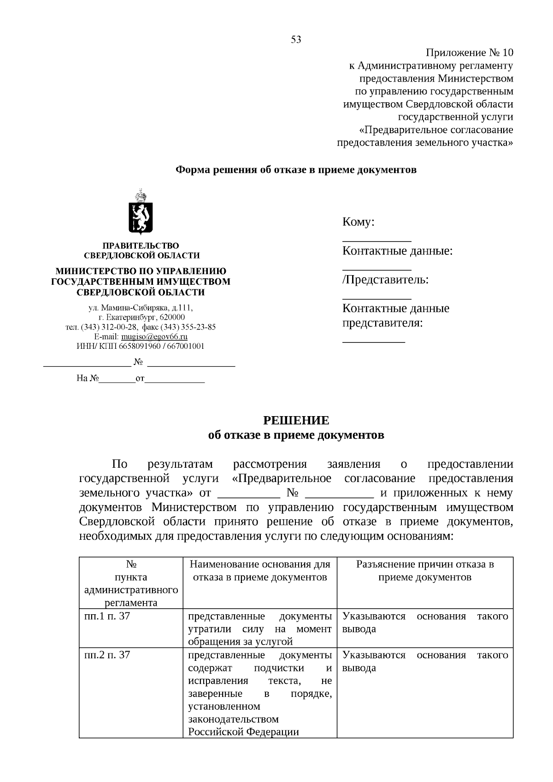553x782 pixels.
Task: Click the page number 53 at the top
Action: tap(296, 40)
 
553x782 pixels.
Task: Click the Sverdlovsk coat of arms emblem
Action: tap(141, 212)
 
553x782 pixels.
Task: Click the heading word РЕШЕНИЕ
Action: tap(296, 420)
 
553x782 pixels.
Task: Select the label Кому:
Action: tap(358, 222)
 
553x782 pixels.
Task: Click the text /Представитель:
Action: tap(385, 280)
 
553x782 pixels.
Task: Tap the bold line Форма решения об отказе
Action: tap(296, 170)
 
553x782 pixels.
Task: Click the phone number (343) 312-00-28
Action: tap(109, 327)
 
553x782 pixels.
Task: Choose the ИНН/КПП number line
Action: tap(141, 346)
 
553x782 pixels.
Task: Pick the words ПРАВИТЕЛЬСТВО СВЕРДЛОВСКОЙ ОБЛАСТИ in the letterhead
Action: tap(141, 251)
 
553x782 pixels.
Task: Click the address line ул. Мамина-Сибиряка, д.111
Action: tap(141, 307)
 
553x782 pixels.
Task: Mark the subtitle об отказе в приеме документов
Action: tap(296, 435)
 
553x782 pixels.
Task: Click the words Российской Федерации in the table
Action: tap(243, 732)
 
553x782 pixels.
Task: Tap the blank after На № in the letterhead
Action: tap(118, 381)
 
